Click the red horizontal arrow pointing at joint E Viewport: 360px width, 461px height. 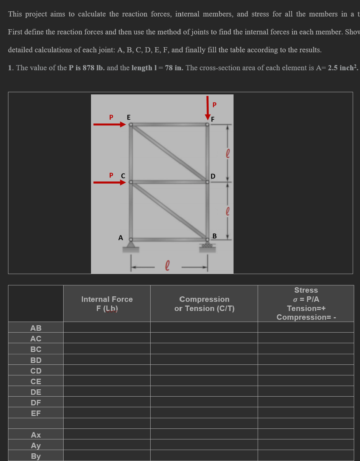109,124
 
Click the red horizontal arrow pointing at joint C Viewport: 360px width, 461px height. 109,182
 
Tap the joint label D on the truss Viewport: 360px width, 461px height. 213,176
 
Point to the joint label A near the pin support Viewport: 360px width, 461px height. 121,238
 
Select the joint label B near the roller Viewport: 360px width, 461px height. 215,236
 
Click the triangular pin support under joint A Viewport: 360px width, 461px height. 130,246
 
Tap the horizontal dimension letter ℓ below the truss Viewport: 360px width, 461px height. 167,265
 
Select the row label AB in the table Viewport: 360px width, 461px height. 36,328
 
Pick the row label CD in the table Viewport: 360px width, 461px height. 36,371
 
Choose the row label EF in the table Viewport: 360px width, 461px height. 36,413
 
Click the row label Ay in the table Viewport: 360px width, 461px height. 36,445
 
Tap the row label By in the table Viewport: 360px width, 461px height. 36,456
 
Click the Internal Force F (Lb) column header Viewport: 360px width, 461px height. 107,304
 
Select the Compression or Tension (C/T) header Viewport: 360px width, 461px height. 204,304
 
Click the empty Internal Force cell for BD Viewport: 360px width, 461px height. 107,360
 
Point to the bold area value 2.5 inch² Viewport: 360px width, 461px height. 342,68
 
